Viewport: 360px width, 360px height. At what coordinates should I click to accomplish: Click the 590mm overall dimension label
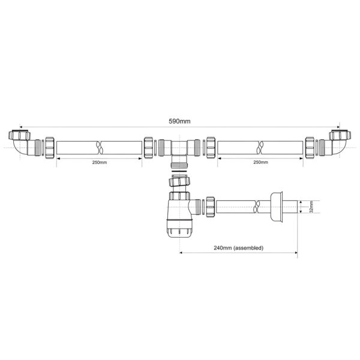tap(179, 121)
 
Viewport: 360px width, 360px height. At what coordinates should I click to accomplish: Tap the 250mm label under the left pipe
tap(100, 163)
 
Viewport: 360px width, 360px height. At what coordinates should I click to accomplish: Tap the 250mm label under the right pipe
tap(260, 162)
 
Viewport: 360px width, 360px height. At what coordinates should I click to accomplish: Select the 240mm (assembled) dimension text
tap(239, 248)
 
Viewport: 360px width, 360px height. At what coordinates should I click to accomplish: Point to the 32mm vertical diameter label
tap(311, 206)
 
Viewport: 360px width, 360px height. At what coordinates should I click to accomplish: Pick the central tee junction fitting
tap(179, 151)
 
